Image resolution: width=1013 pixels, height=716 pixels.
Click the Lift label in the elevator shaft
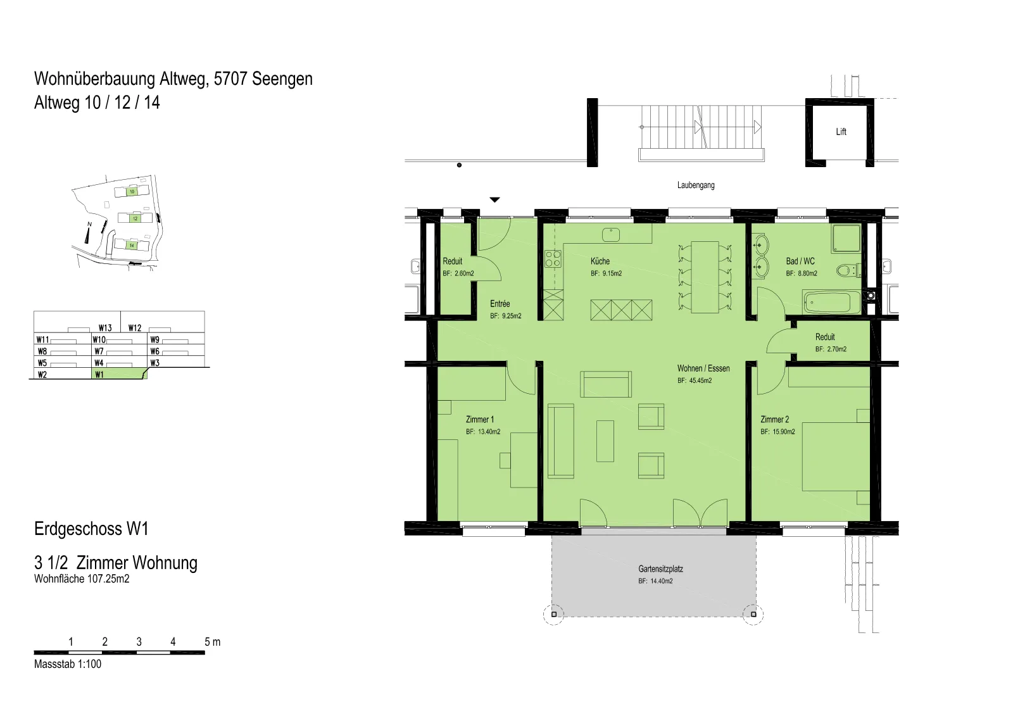[841, 132]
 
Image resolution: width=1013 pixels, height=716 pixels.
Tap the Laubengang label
[696, 185]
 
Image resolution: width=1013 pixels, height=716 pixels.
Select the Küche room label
[600, 261]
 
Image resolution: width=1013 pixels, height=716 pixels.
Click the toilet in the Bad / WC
[848, 270]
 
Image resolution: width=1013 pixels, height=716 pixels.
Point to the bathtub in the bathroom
[832, 302]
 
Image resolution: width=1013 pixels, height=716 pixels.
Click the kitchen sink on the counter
[611, 234]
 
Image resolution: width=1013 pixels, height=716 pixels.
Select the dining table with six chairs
[705, 277]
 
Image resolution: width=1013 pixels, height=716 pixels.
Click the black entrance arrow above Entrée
[494, 200]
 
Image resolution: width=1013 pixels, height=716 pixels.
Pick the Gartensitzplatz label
[661, 569]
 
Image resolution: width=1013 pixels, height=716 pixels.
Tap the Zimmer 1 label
[480, 420]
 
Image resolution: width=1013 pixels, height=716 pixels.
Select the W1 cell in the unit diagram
[120, 374]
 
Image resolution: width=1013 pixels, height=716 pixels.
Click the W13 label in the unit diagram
[105, 328]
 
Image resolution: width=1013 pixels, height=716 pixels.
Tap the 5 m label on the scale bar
[213, 642]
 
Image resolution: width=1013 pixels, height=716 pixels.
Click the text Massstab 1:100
[68, 664]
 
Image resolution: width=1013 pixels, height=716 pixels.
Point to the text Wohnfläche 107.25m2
[82, 579]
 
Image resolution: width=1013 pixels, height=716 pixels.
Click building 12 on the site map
[135, 218]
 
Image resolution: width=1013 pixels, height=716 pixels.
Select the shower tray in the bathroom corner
[846, 239]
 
